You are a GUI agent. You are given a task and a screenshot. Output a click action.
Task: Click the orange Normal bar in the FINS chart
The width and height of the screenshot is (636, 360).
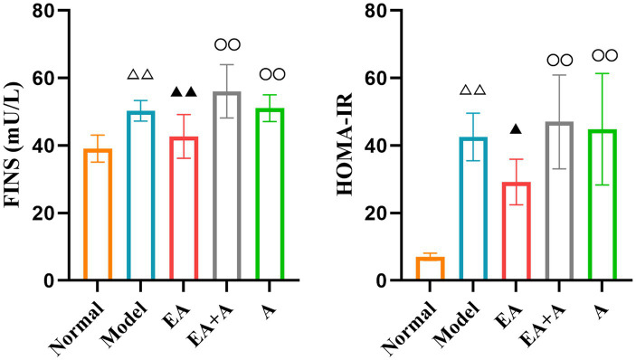click(x=85, y=214)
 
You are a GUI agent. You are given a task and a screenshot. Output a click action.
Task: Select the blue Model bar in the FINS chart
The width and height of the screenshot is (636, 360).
click(x=128, y=195)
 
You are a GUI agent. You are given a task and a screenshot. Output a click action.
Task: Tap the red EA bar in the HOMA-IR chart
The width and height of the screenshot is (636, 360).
click(x=504, y=231)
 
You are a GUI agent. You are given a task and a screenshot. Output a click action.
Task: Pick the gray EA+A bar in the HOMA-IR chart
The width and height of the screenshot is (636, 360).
click(x=547, y=201)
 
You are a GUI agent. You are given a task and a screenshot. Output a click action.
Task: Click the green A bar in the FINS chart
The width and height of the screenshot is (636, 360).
click(x=258, y=194)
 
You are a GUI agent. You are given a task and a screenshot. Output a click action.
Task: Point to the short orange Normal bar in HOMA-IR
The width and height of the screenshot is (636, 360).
click(x=430, y=258)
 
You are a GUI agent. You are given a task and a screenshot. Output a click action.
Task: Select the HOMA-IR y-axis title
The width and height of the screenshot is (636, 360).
click(x=346, y=145)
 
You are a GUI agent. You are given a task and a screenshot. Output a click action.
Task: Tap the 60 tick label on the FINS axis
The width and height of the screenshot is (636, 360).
click(x=43, y=78)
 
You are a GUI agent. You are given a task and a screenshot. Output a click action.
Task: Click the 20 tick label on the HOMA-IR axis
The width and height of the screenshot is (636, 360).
click(x=376, y=213)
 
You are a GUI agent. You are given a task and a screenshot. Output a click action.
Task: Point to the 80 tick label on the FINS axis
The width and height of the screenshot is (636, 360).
click(x=43, y=10)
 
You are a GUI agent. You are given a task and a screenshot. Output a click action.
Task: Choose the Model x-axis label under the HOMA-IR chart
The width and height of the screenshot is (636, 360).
click(x=458, y=327)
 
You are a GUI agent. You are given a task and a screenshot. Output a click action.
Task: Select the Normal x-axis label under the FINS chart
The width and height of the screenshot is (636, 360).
click(x=76, y=328)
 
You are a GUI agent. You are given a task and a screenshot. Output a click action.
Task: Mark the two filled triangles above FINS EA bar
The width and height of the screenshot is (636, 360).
click(x=184, y=92)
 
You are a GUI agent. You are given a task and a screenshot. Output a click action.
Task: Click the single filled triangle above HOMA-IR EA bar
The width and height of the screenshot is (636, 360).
click(x=516, y=129)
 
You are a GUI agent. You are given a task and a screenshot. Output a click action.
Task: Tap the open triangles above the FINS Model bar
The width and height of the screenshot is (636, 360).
click(x=141, y=74)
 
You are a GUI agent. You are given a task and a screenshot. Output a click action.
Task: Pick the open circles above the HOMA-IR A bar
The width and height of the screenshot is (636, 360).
click(x=604, y=55)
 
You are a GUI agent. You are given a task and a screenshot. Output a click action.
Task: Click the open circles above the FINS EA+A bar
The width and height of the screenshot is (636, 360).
click(x=228, y=44)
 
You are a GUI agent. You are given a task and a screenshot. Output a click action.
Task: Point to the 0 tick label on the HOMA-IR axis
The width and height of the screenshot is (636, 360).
click(x=382, y=280)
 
